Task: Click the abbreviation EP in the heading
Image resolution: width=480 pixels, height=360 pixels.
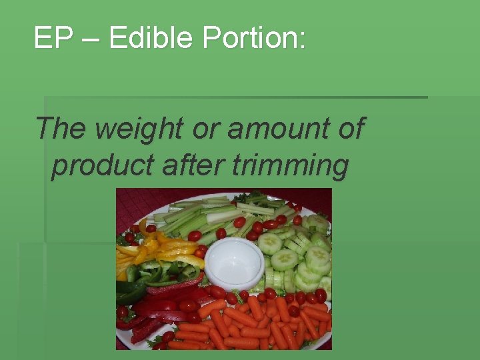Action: (x=53, y=39)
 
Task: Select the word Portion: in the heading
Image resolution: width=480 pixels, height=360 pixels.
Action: (x=254, y=39)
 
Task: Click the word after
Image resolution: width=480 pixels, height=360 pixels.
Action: (x=190, y=166)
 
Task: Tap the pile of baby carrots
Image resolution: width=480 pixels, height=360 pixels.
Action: (x=260, y=323)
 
